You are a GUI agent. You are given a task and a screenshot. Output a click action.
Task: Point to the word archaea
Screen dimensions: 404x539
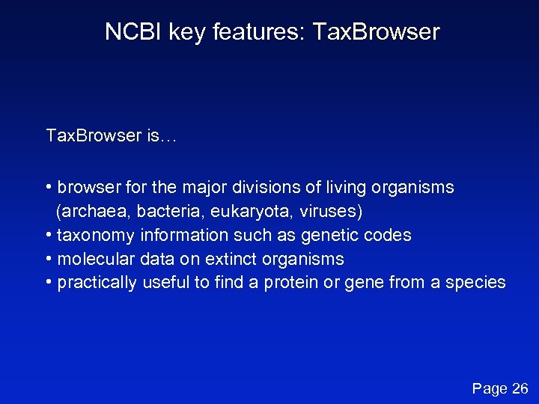pyautogui.click(x=86, y=212)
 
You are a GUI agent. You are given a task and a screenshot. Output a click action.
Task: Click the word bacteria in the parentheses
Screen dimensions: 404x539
pyautogui.click(x=153, y=212)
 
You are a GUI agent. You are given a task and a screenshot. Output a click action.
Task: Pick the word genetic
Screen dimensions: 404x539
pyautogui.click(x=328, y=236)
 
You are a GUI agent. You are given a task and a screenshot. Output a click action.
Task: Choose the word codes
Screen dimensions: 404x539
pyautogui.click(x=386, y=236)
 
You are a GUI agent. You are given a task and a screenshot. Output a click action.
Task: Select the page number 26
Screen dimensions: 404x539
pyautogui.click(x=520, y=388)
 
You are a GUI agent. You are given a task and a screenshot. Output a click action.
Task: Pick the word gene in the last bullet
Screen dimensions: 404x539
pyautogui.click(x=361, y=283)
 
